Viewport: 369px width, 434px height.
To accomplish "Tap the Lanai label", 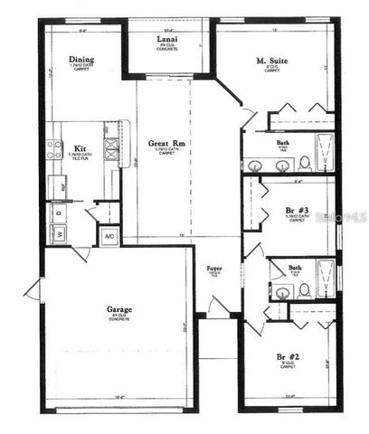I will (x=166, y=39).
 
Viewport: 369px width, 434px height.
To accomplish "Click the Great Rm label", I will (x=166, y=144).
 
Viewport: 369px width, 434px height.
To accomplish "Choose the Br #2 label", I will (x=288, y=357).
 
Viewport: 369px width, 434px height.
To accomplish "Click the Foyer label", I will (x=214, y=269).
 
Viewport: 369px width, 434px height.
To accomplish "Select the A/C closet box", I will (x=109, y=237).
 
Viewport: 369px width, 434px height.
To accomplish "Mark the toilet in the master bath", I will (x=305, y=163).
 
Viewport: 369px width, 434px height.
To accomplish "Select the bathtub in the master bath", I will (x=323, y=151).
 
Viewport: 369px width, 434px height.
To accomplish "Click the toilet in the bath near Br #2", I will (x=305, y=289).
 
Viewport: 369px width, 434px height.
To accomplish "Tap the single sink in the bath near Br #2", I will (x=283, y=292).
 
